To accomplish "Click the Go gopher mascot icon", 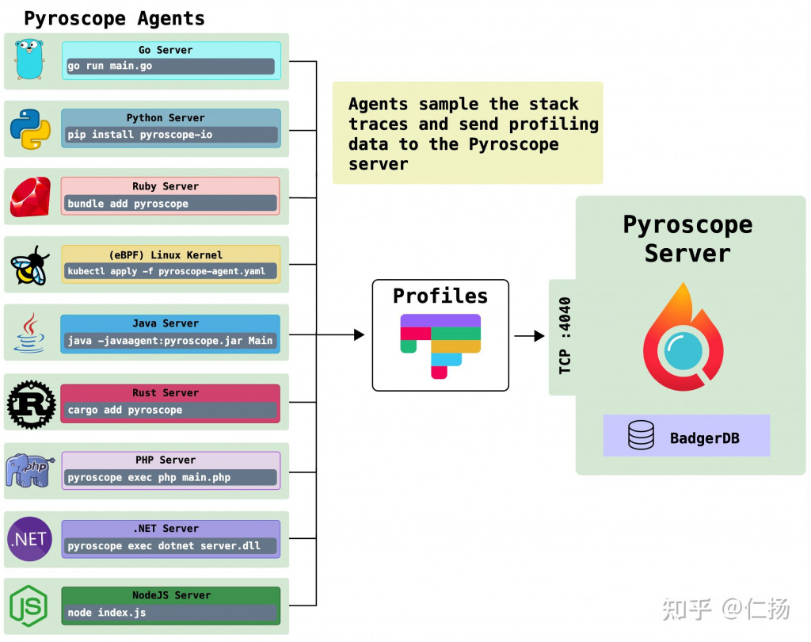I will (29, 60).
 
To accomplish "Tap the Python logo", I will (30, 129).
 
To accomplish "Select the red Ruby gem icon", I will (30, 197).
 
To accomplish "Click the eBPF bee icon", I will (30, 266).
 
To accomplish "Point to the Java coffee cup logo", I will (29, 333).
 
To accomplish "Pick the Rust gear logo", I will (31, 404).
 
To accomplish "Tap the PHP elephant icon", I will (30, 471).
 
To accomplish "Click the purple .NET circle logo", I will (29, 539).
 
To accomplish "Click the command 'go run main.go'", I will (110, 66).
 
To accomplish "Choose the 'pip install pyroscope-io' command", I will (139, 135).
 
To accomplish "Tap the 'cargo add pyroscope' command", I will (125, 411).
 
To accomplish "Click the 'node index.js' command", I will (107, 613).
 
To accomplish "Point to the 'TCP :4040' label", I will (565, 335).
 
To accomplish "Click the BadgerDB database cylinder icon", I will (641, 436).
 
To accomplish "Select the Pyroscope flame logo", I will (682, 338).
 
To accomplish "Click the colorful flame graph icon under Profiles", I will (440, 344).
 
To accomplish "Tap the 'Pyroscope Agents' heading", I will (114, 17).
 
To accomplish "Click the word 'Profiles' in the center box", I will (440, 296).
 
